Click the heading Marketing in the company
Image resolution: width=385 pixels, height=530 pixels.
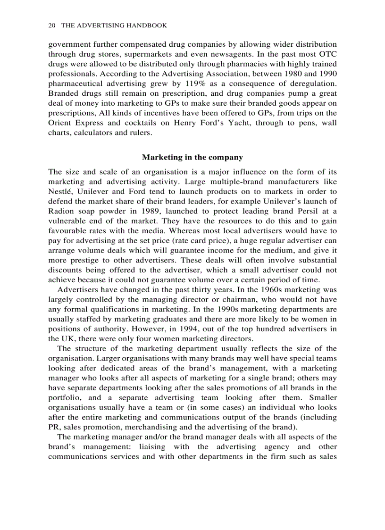192,157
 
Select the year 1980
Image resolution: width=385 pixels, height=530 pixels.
290,74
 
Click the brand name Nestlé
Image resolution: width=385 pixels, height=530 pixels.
61,191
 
